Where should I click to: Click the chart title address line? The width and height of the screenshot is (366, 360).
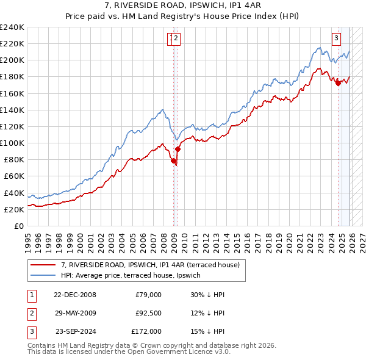click(183, 5)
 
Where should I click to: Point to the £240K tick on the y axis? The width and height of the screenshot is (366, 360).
click(12, 27)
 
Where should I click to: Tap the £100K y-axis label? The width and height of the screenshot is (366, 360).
click(12, 143)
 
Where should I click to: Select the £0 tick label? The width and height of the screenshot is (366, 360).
click(19, 226)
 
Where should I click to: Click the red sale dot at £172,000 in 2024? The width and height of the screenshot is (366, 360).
click(338, 84)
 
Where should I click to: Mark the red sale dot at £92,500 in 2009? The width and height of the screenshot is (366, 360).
click(178, 149)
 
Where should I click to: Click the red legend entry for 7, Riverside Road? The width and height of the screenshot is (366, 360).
click(153, 265)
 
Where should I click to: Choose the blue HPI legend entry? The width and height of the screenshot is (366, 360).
click(134, 275)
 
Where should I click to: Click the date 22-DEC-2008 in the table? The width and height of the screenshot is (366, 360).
click(75, 295)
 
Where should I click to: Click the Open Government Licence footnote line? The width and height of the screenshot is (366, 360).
click(129, 352)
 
